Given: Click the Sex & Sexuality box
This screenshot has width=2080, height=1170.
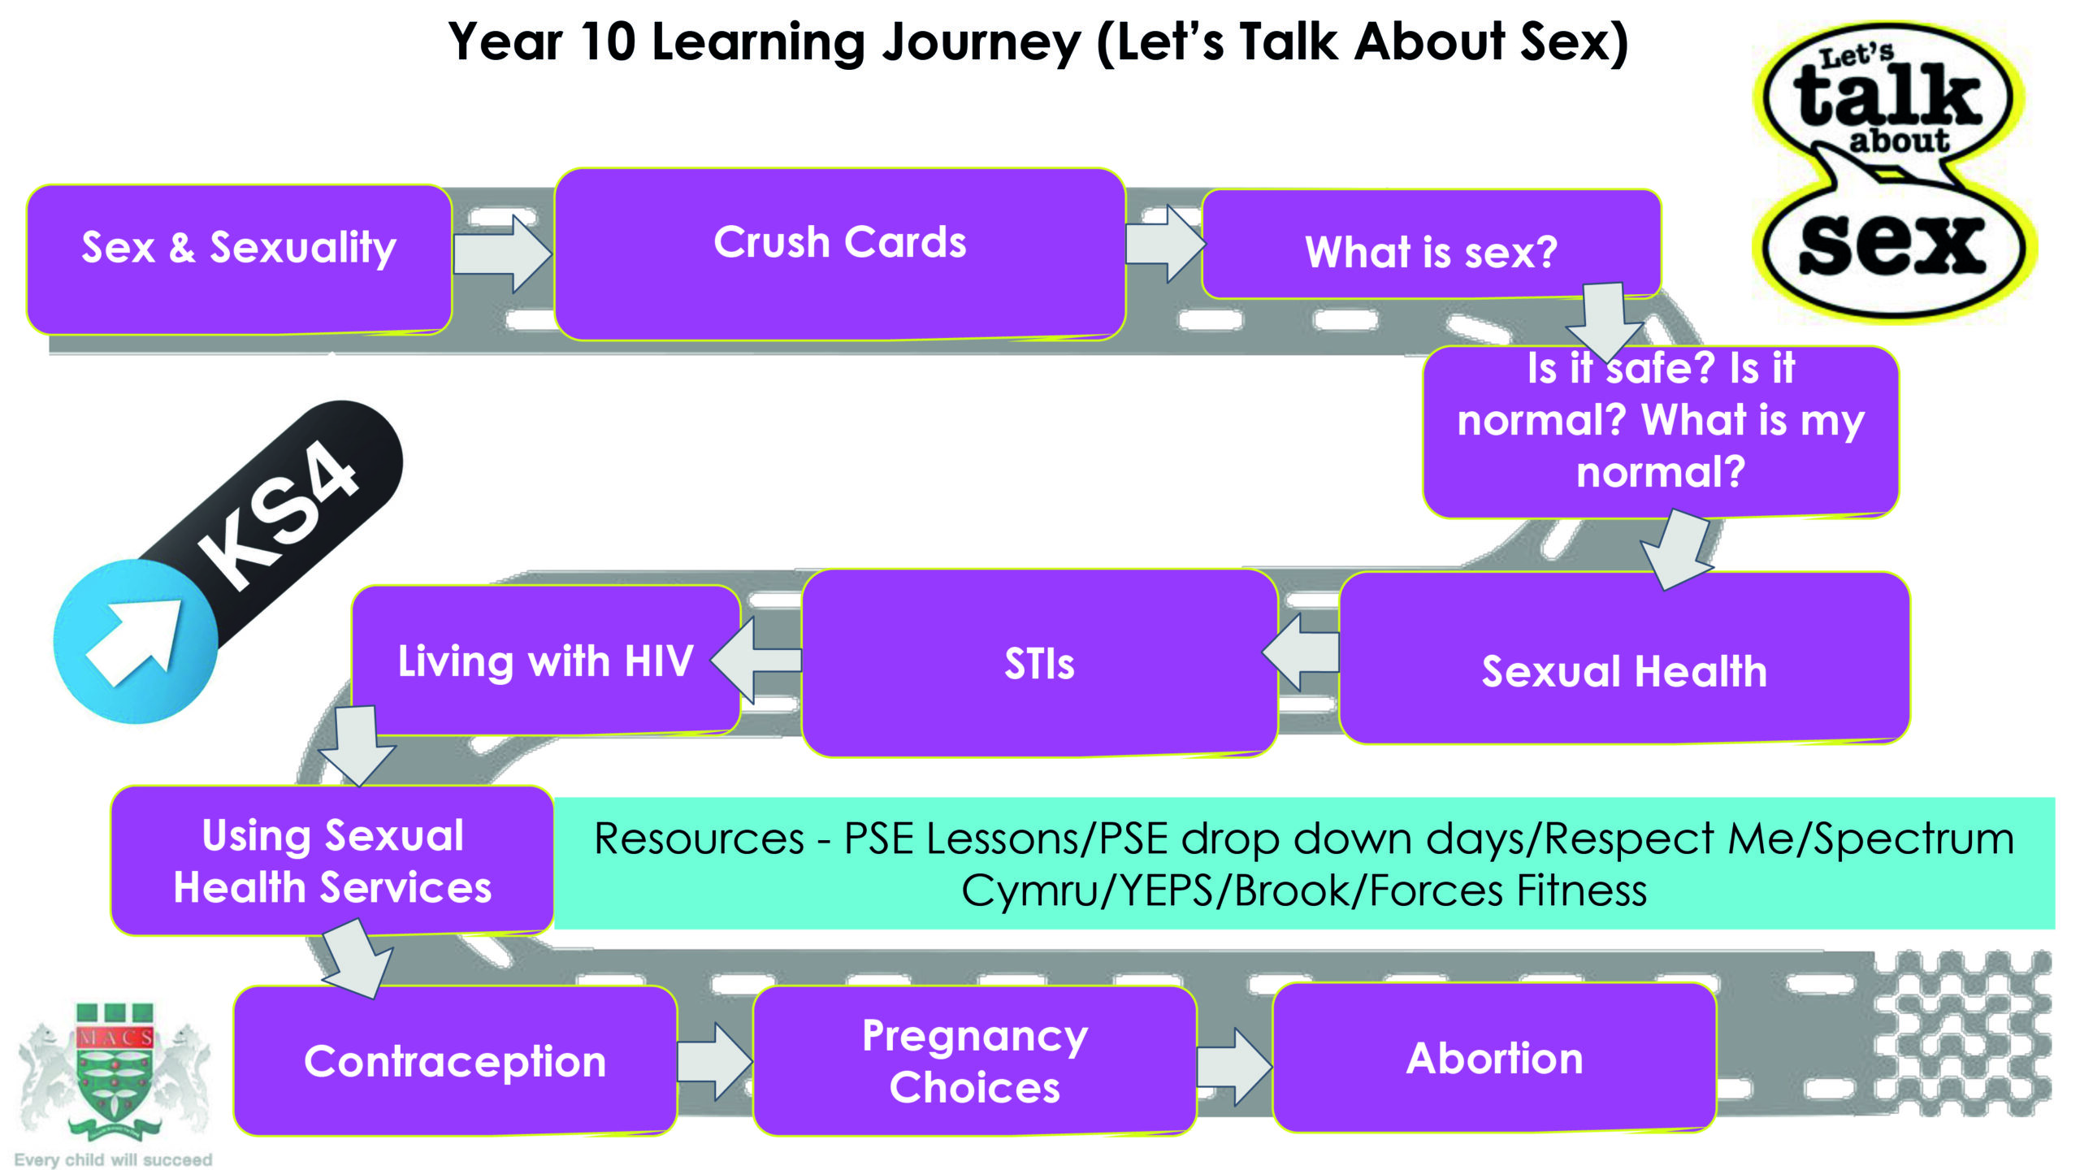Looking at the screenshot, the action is coord(240,259).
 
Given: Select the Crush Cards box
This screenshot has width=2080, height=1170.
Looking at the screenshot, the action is coord(840,254).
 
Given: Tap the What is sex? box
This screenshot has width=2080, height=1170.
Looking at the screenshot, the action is coord(1431,245).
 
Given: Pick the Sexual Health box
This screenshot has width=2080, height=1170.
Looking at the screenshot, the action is coord(1624,657).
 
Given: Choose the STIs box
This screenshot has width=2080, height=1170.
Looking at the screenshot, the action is coord(1039,663).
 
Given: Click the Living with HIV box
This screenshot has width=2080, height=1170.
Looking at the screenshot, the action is coord(546,660).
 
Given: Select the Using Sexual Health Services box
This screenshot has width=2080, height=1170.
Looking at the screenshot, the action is coord(332,860).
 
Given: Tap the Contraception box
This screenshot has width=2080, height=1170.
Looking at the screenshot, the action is coord(455,1060).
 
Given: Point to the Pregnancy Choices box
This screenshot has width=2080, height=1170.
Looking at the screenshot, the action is coord(975,1060).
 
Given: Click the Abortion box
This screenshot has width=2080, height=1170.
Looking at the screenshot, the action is coord(1494,1057).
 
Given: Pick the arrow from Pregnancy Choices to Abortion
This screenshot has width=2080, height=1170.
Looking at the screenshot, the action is coord(1234,1066).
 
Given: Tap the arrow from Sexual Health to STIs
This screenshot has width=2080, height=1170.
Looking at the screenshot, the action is coord(1301,652).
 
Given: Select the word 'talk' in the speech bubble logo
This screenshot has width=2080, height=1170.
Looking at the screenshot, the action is coord(1887,97).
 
